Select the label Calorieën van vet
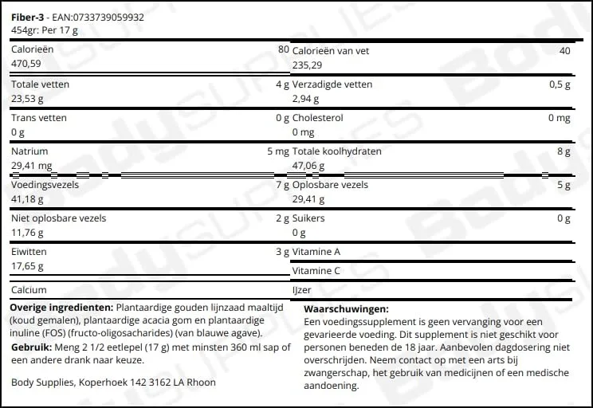pyautogui.click(x=331, y=51)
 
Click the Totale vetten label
pyautogui.click(x=40, y=84)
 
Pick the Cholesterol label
pyautogui.click(x=318, y=118)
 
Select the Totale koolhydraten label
pyautogui.click(x=337, y=151)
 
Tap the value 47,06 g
pyautogui.click(x=311, y=166)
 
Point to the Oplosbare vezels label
pyautogui.click(x=330, y=185)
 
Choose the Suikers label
pyautogui.click(x=309, y=218)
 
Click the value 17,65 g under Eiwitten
pyautogui.click(x=28, y=266)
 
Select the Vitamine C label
pyautogui.click(x=316, y=271)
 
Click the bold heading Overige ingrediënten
pyautogui.click(x=61, y=307)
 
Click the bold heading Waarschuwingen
pyautogui.click(x=347, y=309)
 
